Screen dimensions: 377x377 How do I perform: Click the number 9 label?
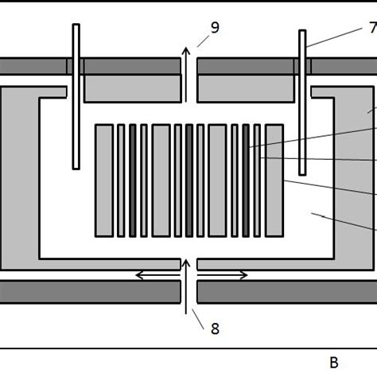(x=215, y=28)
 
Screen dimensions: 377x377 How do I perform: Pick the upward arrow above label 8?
(x=188, y=282)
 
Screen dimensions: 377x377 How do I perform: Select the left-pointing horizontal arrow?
(x=153, y=275)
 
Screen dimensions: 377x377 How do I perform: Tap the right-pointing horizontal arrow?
(x=226, y=275)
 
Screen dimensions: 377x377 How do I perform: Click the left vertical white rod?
(x=76, y=95)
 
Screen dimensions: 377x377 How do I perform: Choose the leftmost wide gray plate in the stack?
(x=104, y=180)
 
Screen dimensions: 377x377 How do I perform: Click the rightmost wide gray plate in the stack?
(x=274, y=180)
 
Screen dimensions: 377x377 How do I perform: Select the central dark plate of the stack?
(x=189, y=180)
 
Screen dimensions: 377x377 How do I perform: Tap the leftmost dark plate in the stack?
(x=133, y=180)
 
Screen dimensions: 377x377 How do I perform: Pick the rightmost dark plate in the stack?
(x=246, y=180)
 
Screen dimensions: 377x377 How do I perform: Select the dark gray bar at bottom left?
(x=87, y=292)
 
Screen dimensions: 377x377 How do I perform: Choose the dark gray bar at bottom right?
(x=286, y=292)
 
